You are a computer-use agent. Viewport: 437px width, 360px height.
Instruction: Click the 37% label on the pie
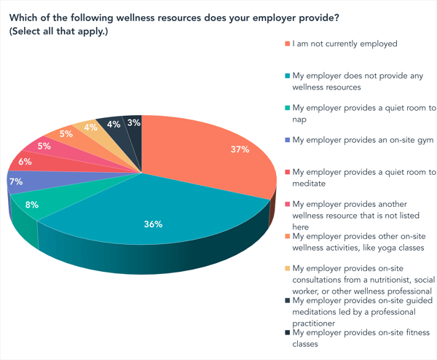[x=240, y=150]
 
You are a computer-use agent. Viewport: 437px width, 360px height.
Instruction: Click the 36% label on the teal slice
[x=152, y=224]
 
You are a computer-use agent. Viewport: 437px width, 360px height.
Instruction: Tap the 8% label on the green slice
[x=33, y=205]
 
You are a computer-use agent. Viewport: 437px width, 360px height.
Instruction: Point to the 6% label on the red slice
[x=24, y=162]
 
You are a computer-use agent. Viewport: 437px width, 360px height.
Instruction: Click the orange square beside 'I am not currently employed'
[x=288, y=44]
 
